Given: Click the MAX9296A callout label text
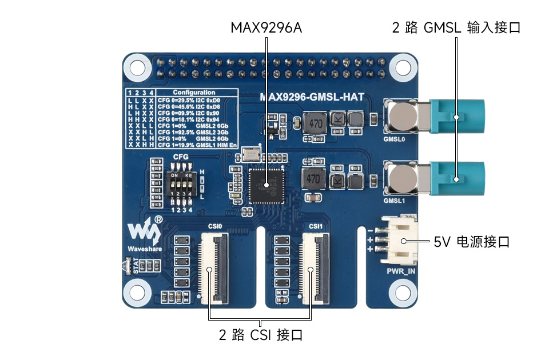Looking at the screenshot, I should point(266,27).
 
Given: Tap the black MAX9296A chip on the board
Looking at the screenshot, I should point(266,185).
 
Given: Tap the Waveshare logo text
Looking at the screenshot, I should point(144,249).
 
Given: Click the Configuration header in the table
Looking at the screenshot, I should point(194,92).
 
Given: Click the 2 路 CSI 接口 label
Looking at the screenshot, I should point(260,335).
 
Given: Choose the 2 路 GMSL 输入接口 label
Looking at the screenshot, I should point(456,27).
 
